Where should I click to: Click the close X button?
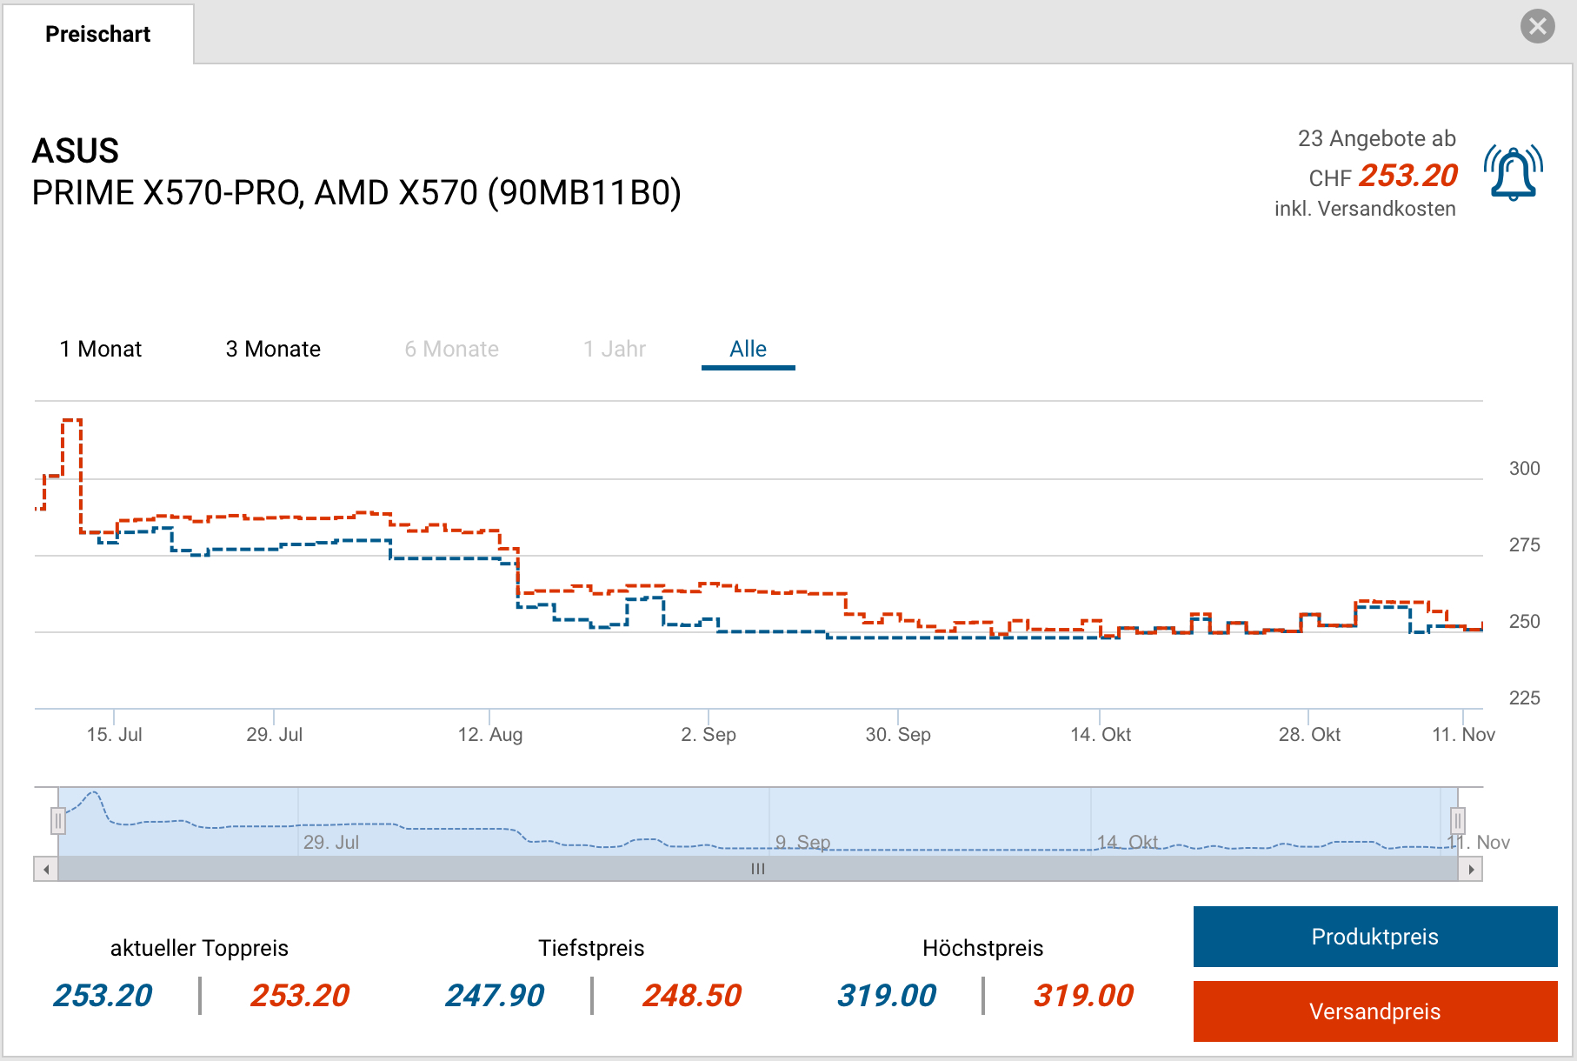tap(1537, 26)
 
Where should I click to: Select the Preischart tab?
tap(97, 34)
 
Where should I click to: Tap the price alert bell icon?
tap(1514, 173)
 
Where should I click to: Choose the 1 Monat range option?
tap(100, 349)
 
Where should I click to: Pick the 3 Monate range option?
tap(273, 349)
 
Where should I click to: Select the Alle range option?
tap(748, 349)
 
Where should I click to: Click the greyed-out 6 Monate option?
tap(451, 349)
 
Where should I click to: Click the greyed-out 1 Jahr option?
tap(614, 349)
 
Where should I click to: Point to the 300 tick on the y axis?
tap(1524, 469)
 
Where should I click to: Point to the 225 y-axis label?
tap(1524, 698)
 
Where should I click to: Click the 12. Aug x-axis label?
tap(490, 735)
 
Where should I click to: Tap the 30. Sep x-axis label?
tap(898, 735)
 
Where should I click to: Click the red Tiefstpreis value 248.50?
tap(692, 996)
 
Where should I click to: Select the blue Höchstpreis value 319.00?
tap(887, 996)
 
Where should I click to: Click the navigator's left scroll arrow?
tap(46, 869)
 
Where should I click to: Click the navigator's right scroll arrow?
tap(1470, 869)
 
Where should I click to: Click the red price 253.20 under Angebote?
tap(1408, 176)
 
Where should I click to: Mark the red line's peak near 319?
tap(72, 421)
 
